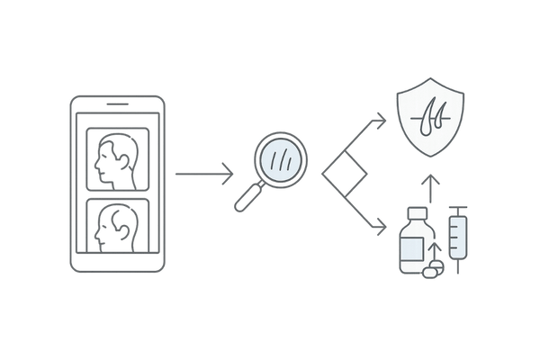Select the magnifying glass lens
tap(284, 160)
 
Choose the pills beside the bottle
tap(432, 269)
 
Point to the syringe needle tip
tap(458, 271)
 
